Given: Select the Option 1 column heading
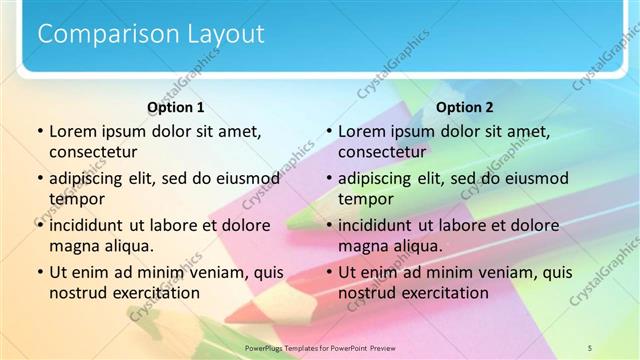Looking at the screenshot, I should tap(175, 107).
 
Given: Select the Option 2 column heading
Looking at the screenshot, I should tap(465, 107).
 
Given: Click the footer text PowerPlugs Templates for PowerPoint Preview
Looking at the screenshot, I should tap(321, 347).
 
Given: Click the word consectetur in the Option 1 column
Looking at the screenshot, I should tap(92, 152).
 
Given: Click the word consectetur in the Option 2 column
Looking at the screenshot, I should tap(381, 152).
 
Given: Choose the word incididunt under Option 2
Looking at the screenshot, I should tap(378, 225).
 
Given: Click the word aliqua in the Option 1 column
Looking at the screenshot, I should tap(128, 246).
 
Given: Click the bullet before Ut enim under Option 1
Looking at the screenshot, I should tap(39, 272).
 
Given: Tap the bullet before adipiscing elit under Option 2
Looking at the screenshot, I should tap(328, 179).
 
